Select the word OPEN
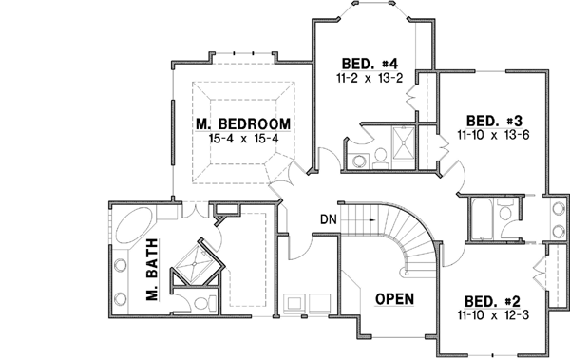click(393, 297)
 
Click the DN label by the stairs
click(329, 220)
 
